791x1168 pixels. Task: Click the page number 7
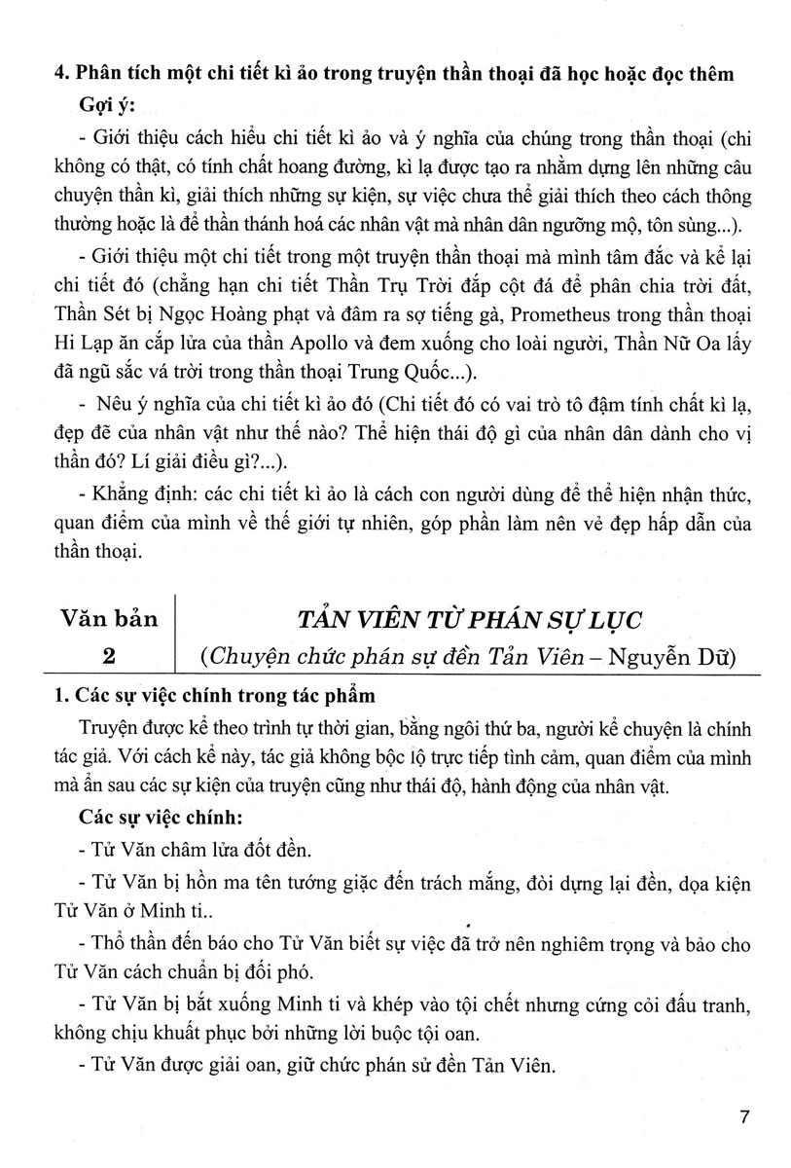tap(744, 1117)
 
